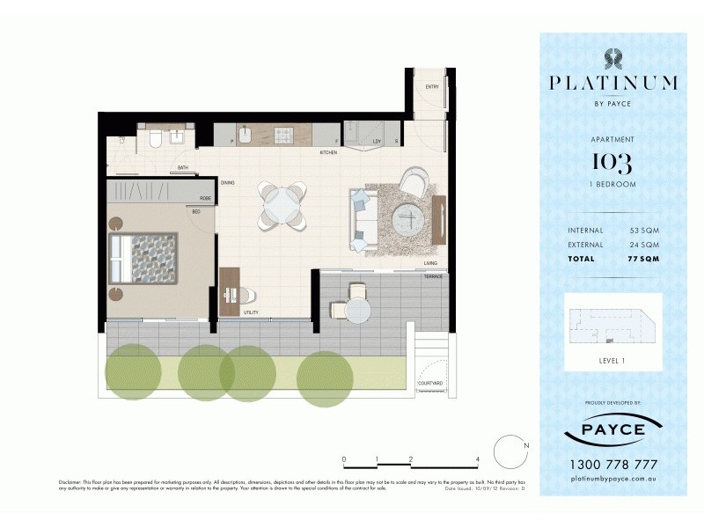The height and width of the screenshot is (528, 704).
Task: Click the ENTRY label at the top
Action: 432,86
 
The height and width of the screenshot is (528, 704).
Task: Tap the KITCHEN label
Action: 328,153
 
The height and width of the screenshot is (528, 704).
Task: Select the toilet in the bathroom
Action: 154,137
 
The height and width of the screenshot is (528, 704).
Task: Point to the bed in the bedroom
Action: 143,258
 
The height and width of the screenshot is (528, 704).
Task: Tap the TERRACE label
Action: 434,276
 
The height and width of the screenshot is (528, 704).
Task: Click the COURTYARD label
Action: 429,383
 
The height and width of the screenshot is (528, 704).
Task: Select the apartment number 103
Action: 612,163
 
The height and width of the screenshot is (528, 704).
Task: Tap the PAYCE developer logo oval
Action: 612,431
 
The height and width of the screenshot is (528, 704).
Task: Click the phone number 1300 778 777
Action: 612,464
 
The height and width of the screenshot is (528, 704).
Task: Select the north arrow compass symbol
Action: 510,452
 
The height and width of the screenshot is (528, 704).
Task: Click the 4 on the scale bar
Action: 476,459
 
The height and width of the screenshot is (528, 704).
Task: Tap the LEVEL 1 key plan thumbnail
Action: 612,324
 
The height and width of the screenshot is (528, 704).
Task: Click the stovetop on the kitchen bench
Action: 283,136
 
